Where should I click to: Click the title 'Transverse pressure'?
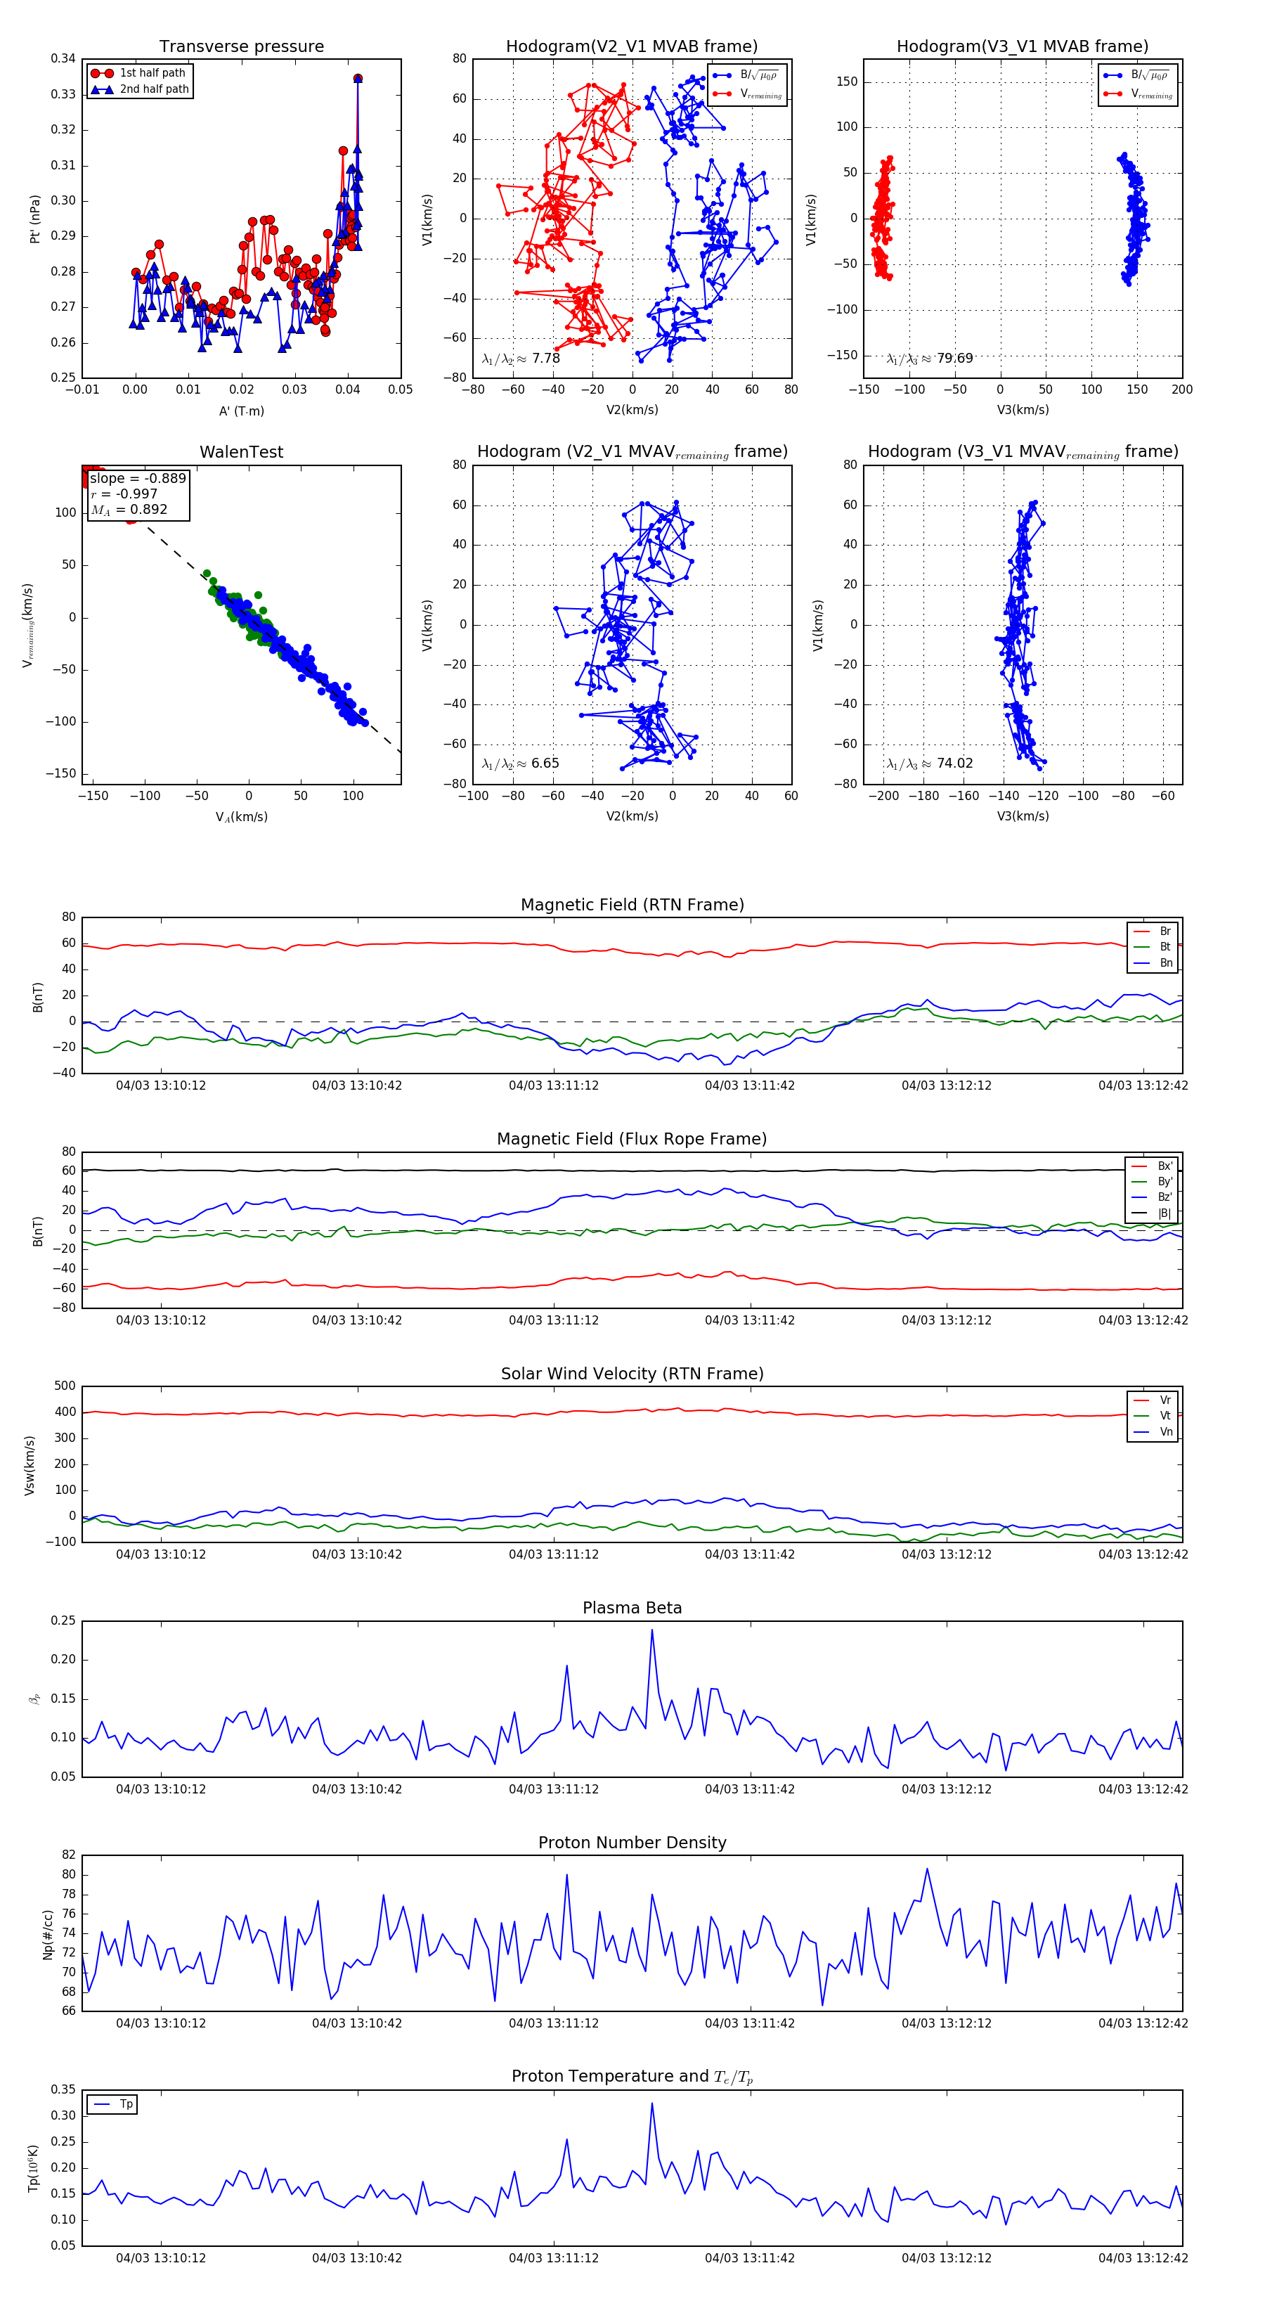pyautogui.click(x=241, y=47)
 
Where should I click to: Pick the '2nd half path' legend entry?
pyautogui.click(x=154, y=89)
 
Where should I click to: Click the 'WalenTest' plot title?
pyautogui.click(x=241, y=452)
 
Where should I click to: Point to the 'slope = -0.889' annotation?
pyautogui.click(x=138, y=478)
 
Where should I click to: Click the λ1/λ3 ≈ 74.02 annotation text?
pyautogui.click(x=929, y=763)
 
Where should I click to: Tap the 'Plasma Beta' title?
pyautogui.click(x=632, y=1609)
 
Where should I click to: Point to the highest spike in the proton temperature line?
pyautogui.click(x=652, y=2103)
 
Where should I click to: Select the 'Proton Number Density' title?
pyautogui.click(x=632, y=1843)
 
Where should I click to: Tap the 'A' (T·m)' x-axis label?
pyautogui.click(x=241, y=411)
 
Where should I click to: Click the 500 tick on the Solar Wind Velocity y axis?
pyautogui.click(x=65, y=1386)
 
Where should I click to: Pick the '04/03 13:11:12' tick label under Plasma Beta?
pyautogui.click(x=553, y=1789)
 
